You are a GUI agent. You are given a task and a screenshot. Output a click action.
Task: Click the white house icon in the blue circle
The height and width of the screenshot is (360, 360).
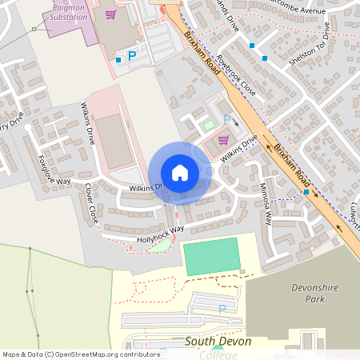pyautogui.click(x=179, y=173)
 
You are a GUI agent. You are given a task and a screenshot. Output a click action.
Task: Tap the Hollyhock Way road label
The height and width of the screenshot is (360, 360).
pyautogui.click(x=159, y=233)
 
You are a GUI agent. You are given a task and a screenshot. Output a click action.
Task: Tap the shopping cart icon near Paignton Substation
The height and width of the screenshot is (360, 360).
pyautogui.click(x=110, y=14)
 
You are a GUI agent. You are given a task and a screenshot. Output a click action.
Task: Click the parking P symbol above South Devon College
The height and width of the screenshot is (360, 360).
pyautogui.click(x=222, y=308)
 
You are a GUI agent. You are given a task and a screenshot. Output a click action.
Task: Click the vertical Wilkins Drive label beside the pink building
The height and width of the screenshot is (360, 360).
pyautogui.click(x=90, y=123)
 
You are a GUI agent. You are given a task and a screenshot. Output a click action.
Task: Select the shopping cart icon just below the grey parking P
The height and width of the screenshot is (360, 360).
pyautogui.click(x=222, y=138)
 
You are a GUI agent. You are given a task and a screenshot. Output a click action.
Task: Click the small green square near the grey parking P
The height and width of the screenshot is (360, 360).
pyautogui.click(x=209, y=125)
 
